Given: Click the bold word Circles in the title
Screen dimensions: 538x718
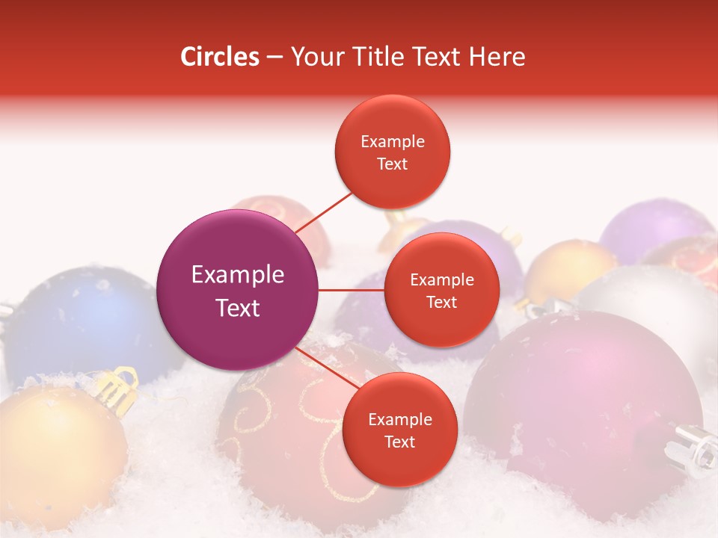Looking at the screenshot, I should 220,57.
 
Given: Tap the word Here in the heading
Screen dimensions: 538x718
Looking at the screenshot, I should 494,57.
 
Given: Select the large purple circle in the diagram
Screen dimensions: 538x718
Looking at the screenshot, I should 238,290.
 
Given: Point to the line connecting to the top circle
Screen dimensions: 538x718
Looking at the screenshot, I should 323,212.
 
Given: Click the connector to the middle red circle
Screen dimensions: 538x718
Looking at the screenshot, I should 352,290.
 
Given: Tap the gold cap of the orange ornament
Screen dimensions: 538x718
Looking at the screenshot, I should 117,389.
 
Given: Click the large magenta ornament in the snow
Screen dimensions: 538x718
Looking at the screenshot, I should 583,396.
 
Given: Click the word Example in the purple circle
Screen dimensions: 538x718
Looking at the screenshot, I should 238,275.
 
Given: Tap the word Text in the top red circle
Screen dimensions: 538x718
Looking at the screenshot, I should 393,164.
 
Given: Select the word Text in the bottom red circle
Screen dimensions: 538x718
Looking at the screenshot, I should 399,442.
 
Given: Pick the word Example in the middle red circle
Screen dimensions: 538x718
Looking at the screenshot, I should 441,280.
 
